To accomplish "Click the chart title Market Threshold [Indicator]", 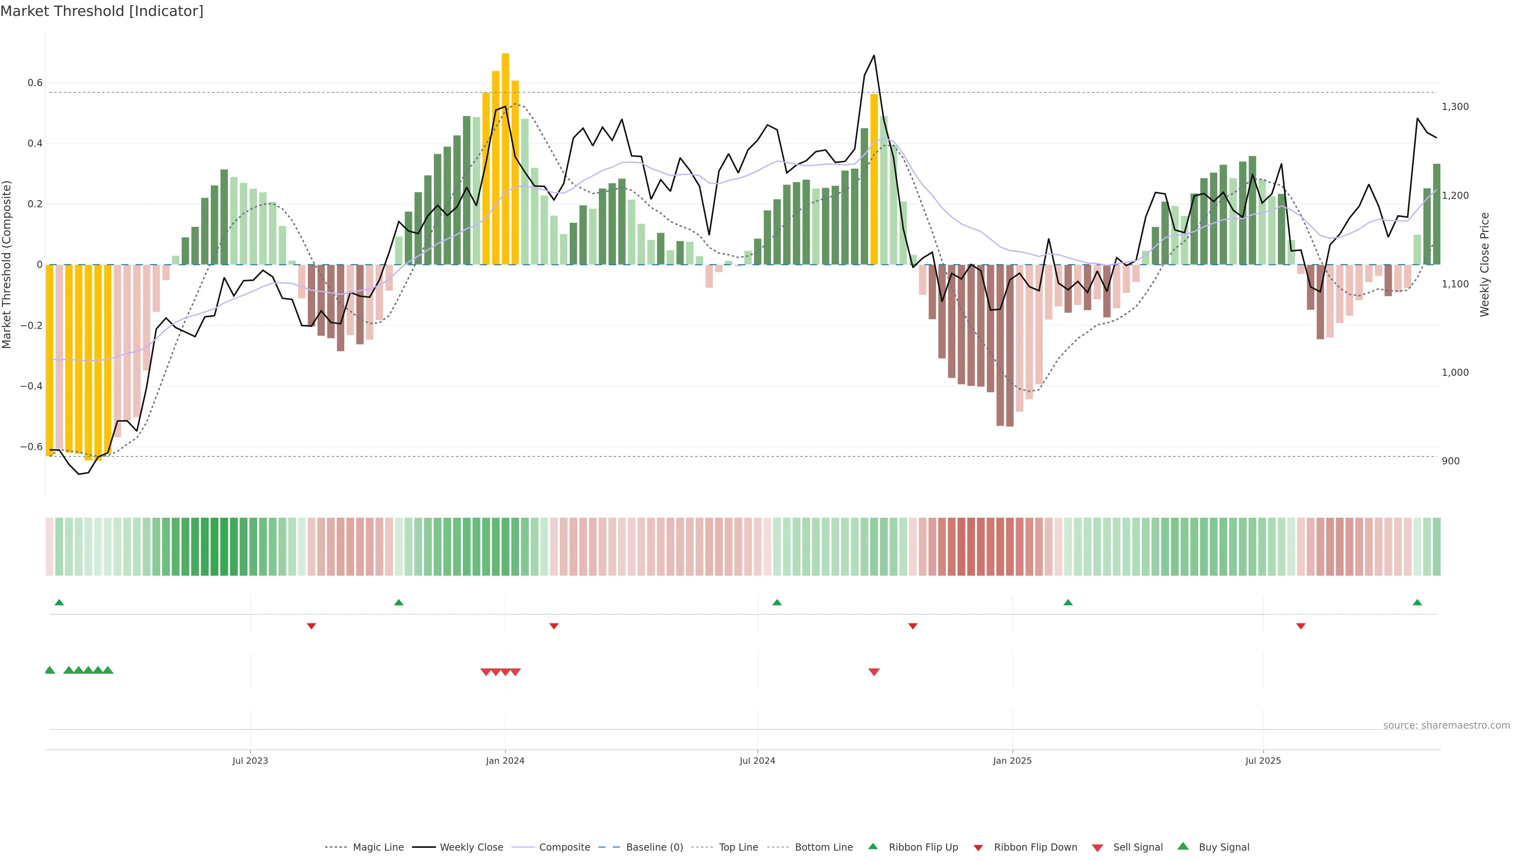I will click(102, 11).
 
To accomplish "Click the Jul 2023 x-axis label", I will click(250, 761).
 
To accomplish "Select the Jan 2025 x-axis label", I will click(1012, 761).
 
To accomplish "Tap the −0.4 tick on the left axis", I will click(31, 386).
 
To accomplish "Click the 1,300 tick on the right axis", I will click(1455, 107).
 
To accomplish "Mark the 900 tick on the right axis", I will click(1450, 461).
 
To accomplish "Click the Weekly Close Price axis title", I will click(1485, 264).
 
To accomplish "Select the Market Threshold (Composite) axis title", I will click(7, 264).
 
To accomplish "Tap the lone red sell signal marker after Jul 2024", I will click(874, 672).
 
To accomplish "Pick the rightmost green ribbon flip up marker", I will click(1417, 603).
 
